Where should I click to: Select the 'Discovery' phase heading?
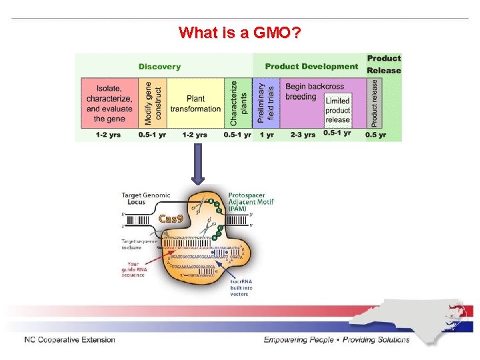(x=159, y=67)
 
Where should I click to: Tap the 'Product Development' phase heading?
(x=311, y=67)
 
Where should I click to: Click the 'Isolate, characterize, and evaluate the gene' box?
(x=109, y=103)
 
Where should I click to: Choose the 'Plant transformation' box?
(x=195, y=103)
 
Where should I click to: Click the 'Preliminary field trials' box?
(x=267, y=103)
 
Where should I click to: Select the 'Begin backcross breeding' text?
(x=305, y=91)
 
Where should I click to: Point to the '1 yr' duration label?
(x=267, y=135)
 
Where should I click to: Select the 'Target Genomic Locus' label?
(x=145, y=198)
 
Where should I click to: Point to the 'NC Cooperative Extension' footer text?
(x=69, y=340)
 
